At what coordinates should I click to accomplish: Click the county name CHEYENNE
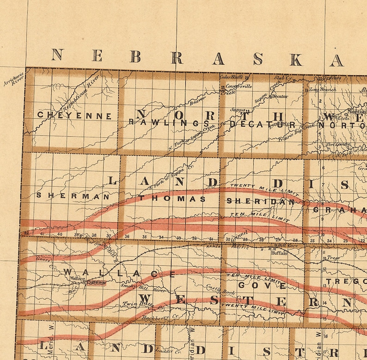pos(74,116)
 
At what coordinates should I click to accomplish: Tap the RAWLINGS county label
pos(169,123)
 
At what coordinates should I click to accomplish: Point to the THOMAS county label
pos(172,199)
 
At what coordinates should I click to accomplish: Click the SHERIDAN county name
pos(260,202)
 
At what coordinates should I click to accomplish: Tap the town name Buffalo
pos(279,254)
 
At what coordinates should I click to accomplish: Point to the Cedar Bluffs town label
pos(232,77)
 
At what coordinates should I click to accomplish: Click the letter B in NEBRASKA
pos(135,56)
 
